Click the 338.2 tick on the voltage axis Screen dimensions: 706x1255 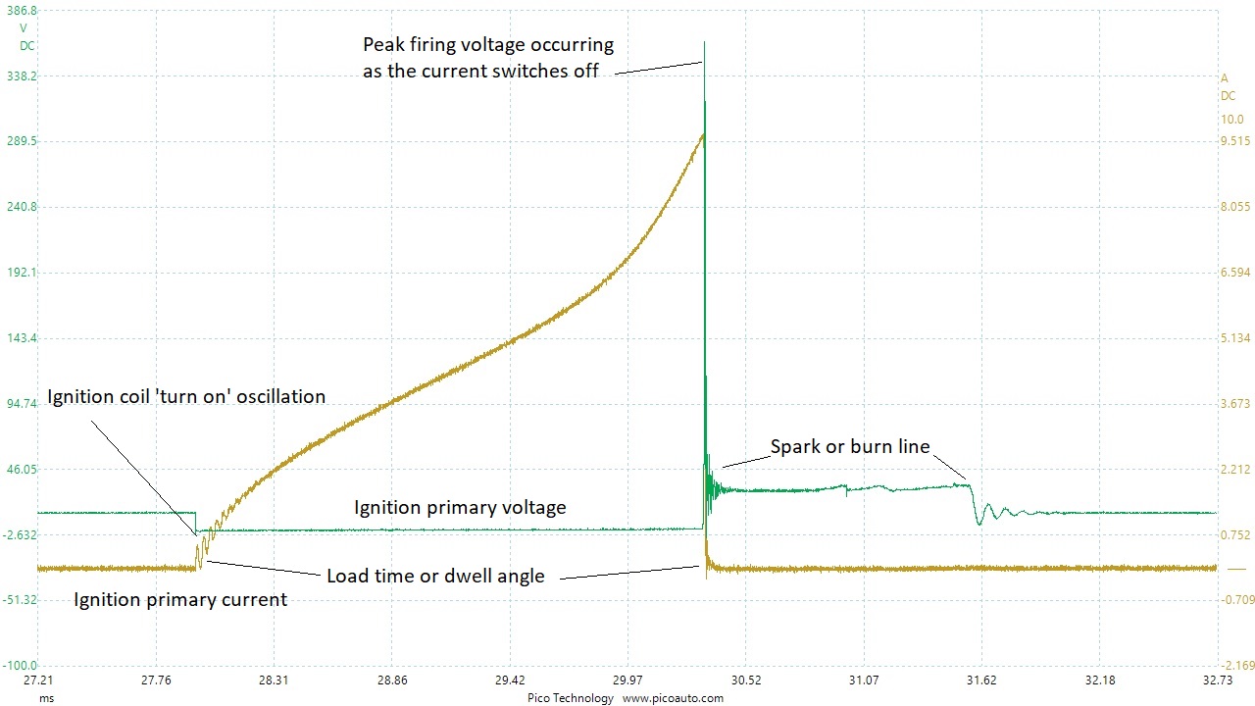pyautogui.click(x=22, y=76)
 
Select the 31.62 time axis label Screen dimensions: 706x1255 pyautogui.click(x=981, y=680)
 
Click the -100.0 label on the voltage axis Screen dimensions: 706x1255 pyautogui.click(x=21, y=665)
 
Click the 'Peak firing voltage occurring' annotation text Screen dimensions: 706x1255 pyautogui.click(x=488, y=45)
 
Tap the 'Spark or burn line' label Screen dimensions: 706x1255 pyautogui.click(x=849, y=447)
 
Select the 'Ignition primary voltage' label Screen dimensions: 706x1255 pyautogui.click(x=460, y=507)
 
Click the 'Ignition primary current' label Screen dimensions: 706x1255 pyautogui.click(x=180, y=599)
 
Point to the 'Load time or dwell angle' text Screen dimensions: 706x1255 pyautogui.click(x=435, y=576)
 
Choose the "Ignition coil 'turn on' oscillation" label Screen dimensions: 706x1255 pyautogui.click(x=186, y=397)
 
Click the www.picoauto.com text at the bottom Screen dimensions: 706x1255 pyautogui.click(x=673, y=698)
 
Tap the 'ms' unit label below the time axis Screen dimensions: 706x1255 pyautogui.click(x=46, y=698)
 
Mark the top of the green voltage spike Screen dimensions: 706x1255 pyautogui.click(x=704, y=43)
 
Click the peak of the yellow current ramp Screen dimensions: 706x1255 pyautogui.click(x=702, y=134)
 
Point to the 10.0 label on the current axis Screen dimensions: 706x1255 pyautogui.click(x=1232, y=120)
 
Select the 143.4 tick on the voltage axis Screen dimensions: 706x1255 pyautogui.click(x=22, y=337)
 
